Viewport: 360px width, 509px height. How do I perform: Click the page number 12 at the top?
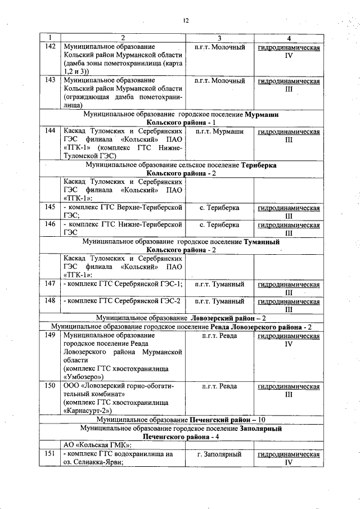(x=185, y=21)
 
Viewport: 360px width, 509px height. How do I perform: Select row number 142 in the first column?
(x=50, y=48)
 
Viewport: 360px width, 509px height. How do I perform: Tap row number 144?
(x=50, y=132)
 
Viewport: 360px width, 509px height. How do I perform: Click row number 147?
(x=50, y=284)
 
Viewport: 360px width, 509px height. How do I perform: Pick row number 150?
(x=50, y=386)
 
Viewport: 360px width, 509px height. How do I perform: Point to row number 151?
(x=50, y=454)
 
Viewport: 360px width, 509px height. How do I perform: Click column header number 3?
(x=219, y=38)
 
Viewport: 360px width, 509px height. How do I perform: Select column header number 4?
(x=289, y=38)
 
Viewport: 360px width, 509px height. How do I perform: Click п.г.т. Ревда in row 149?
(x=219, y=336)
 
